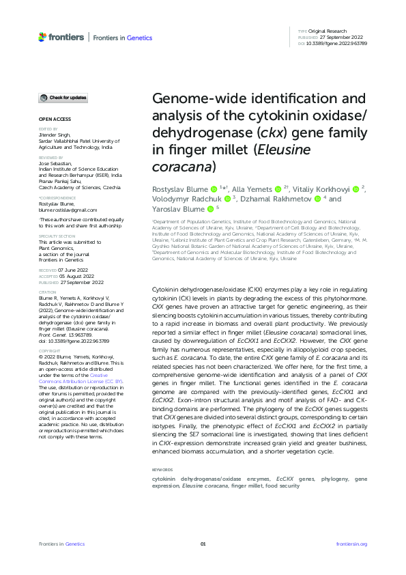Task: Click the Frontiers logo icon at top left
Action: coord(43,37)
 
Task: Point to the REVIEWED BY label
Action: coord(50,156)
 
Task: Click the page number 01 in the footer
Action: coord(203,544)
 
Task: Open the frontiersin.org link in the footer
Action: coord(352,544)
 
